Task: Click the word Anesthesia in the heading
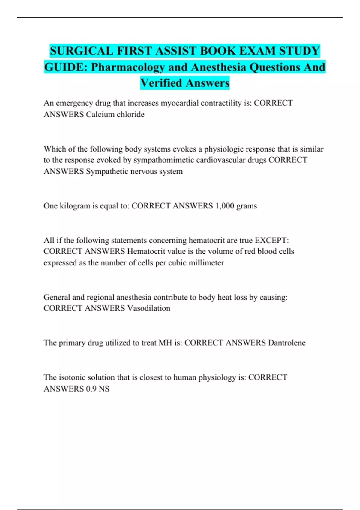[x=218, y=67]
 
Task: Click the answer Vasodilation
[x=149, y=308]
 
